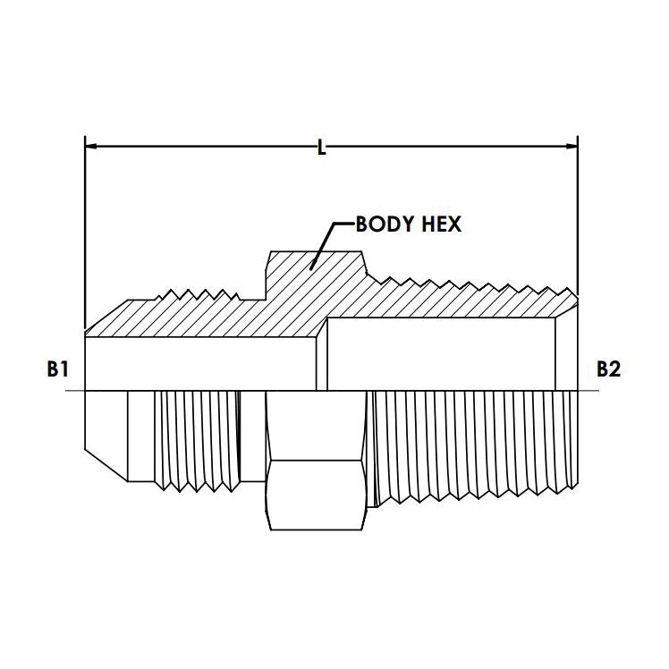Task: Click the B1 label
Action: tap(57, 368)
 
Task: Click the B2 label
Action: tap(608, 368)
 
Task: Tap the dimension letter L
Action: tap(322, 148)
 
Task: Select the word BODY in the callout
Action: tap(385, 224)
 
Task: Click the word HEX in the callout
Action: tap(441, 224)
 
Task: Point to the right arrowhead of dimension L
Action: tap(572, 146)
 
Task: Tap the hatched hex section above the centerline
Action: tap(316, 273)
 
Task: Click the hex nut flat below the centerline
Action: tap(316, 495)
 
